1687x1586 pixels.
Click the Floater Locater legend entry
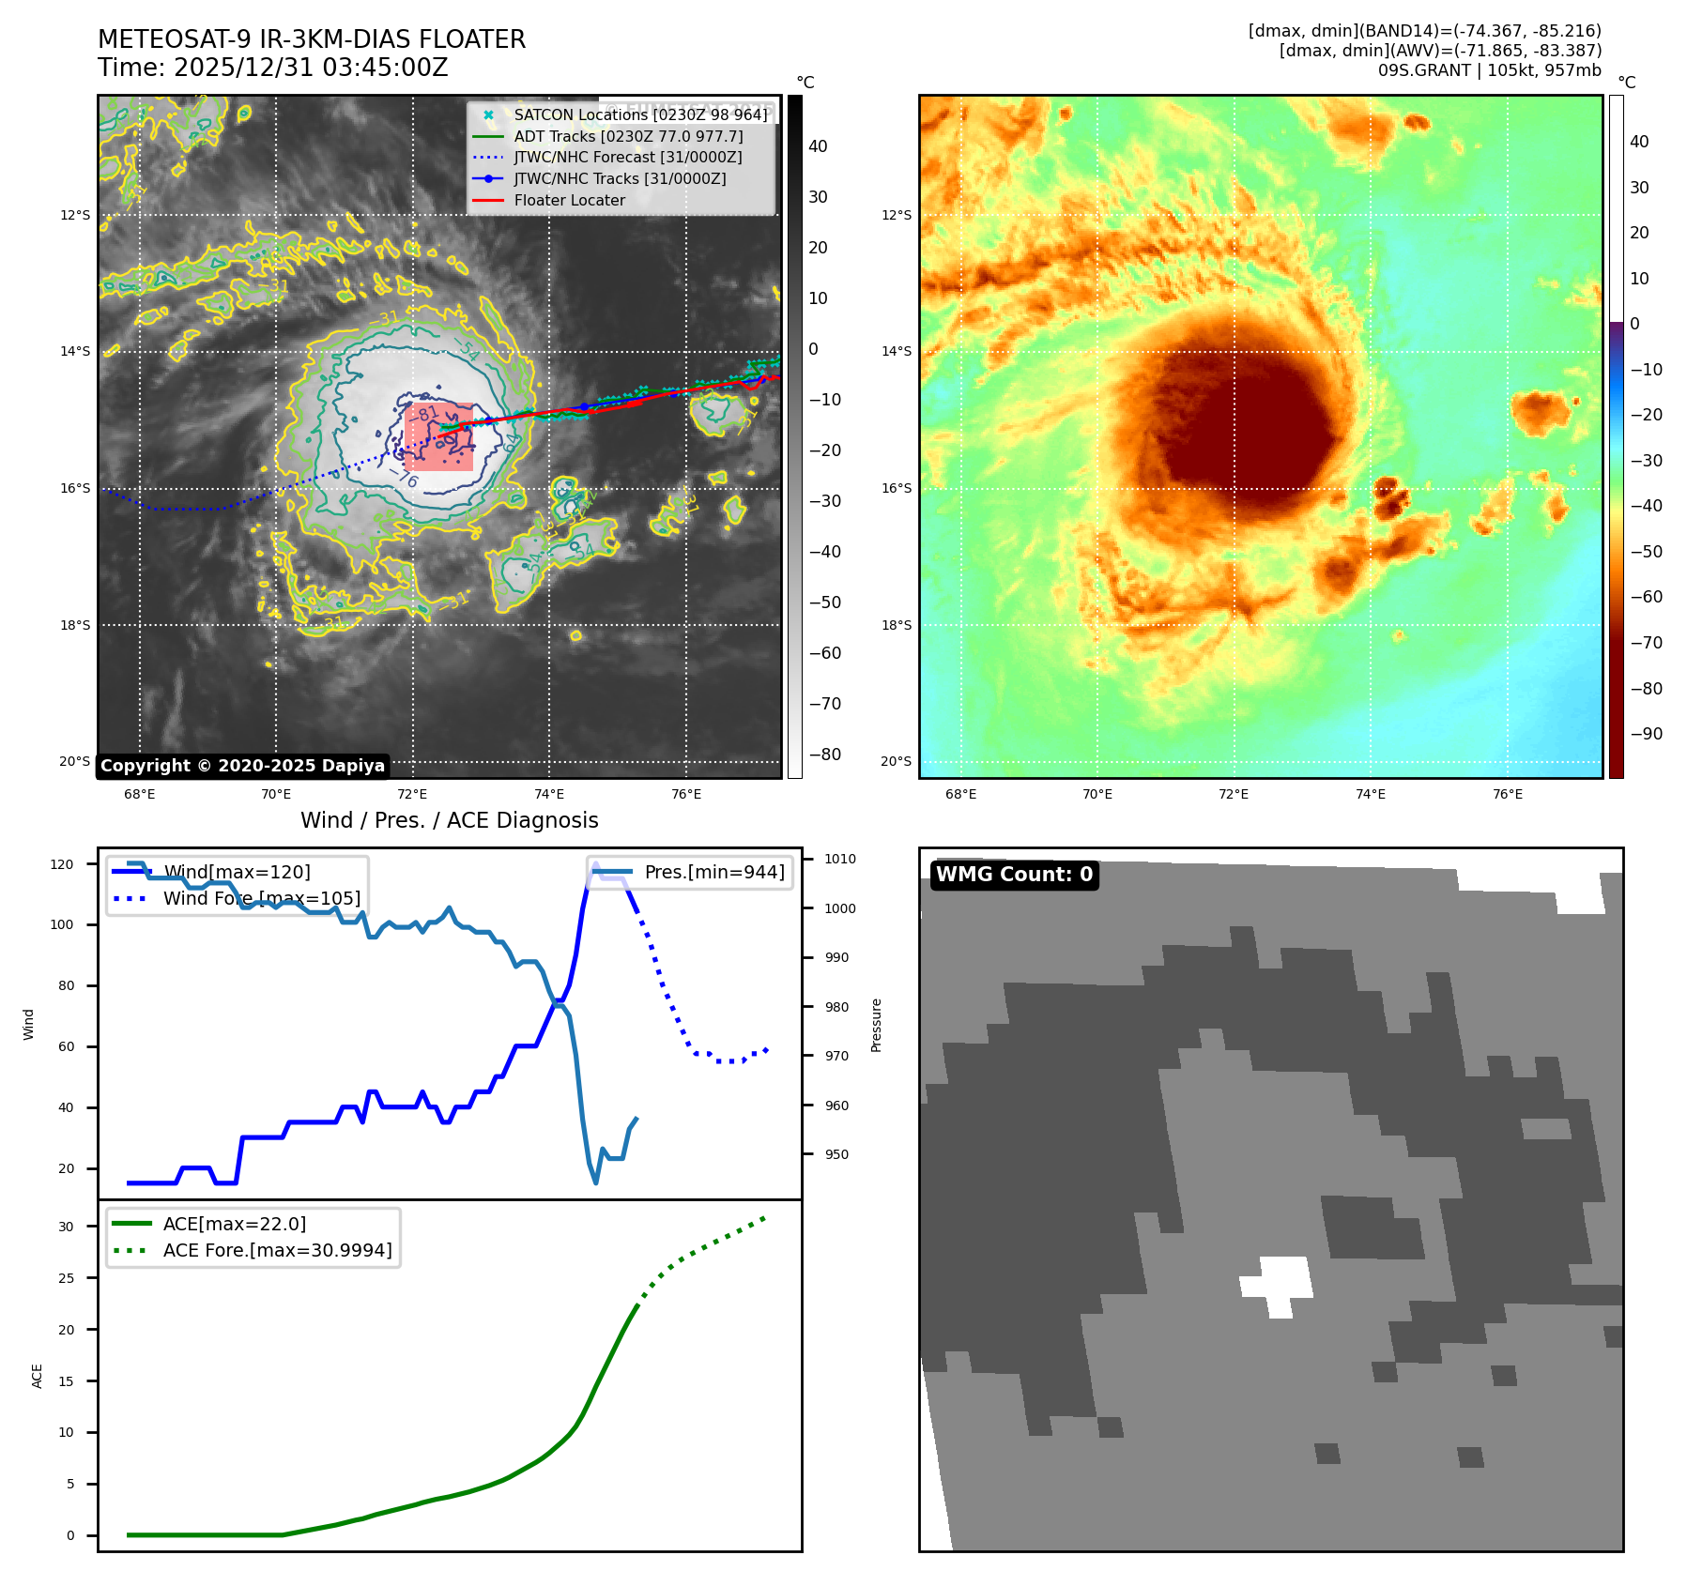click(x=569, y=200)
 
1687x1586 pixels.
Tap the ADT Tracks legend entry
click(x=628, y=136)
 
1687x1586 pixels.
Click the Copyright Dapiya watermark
click(x=242, y=766)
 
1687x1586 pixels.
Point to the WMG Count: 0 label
click(x=1014, y=875)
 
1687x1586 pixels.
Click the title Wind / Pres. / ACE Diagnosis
click(x=449, y=820)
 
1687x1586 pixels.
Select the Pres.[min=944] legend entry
click(x=713, y=872)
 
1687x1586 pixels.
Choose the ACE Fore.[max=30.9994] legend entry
click(x=277, y=1250)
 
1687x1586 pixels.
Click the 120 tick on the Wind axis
click(x=62, y=864)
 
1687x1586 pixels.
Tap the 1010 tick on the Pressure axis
click(x=840, y=859)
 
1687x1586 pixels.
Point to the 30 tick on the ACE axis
click(x=66, y=1227)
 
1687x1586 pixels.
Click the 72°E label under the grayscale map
click(x=412, y=794)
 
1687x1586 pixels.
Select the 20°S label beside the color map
click(x=896, y=761)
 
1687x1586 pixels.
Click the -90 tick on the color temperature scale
click(x=1646, y=734)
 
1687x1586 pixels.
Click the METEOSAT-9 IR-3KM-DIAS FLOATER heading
click(x=312, y=39)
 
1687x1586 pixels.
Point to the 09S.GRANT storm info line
click(x=1489, y=70)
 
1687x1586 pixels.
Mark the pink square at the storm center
click(x=439, y=436)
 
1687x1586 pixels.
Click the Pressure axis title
click(x=876, y=1025)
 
